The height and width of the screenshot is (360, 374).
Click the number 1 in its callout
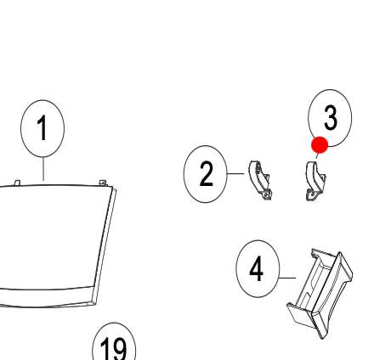click(42, 127)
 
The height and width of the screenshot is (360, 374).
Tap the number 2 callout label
click(206, 174)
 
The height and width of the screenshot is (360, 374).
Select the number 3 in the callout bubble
click(331, 118)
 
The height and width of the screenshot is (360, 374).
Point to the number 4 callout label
click(257, 268)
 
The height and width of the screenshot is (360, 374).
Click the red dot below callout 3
click(320, 145)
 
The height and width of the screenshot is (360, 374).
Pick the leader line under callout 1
click(43, 169)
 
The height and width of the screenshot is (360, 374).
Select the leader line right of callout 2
click(235, 173)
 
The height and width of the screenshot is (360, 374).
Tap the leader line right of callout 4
click(287, 278)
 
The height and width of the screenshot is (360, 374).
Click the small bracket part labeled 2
click(258, 179)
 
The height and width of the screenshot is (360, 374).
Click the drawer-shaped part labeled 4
click(320, 293)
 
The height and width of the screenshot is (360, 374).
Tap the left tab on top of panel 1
click(17, 183)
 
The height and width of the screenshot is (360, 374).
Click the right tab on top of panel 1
click(103, 183)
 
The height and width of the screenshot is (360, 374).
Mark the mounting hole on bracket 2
click(266, 194)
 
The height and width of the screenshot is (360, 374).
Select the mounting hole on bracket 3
click(312, 194)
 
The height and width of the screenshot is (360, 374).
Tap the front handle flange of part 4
click(331, 295)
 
